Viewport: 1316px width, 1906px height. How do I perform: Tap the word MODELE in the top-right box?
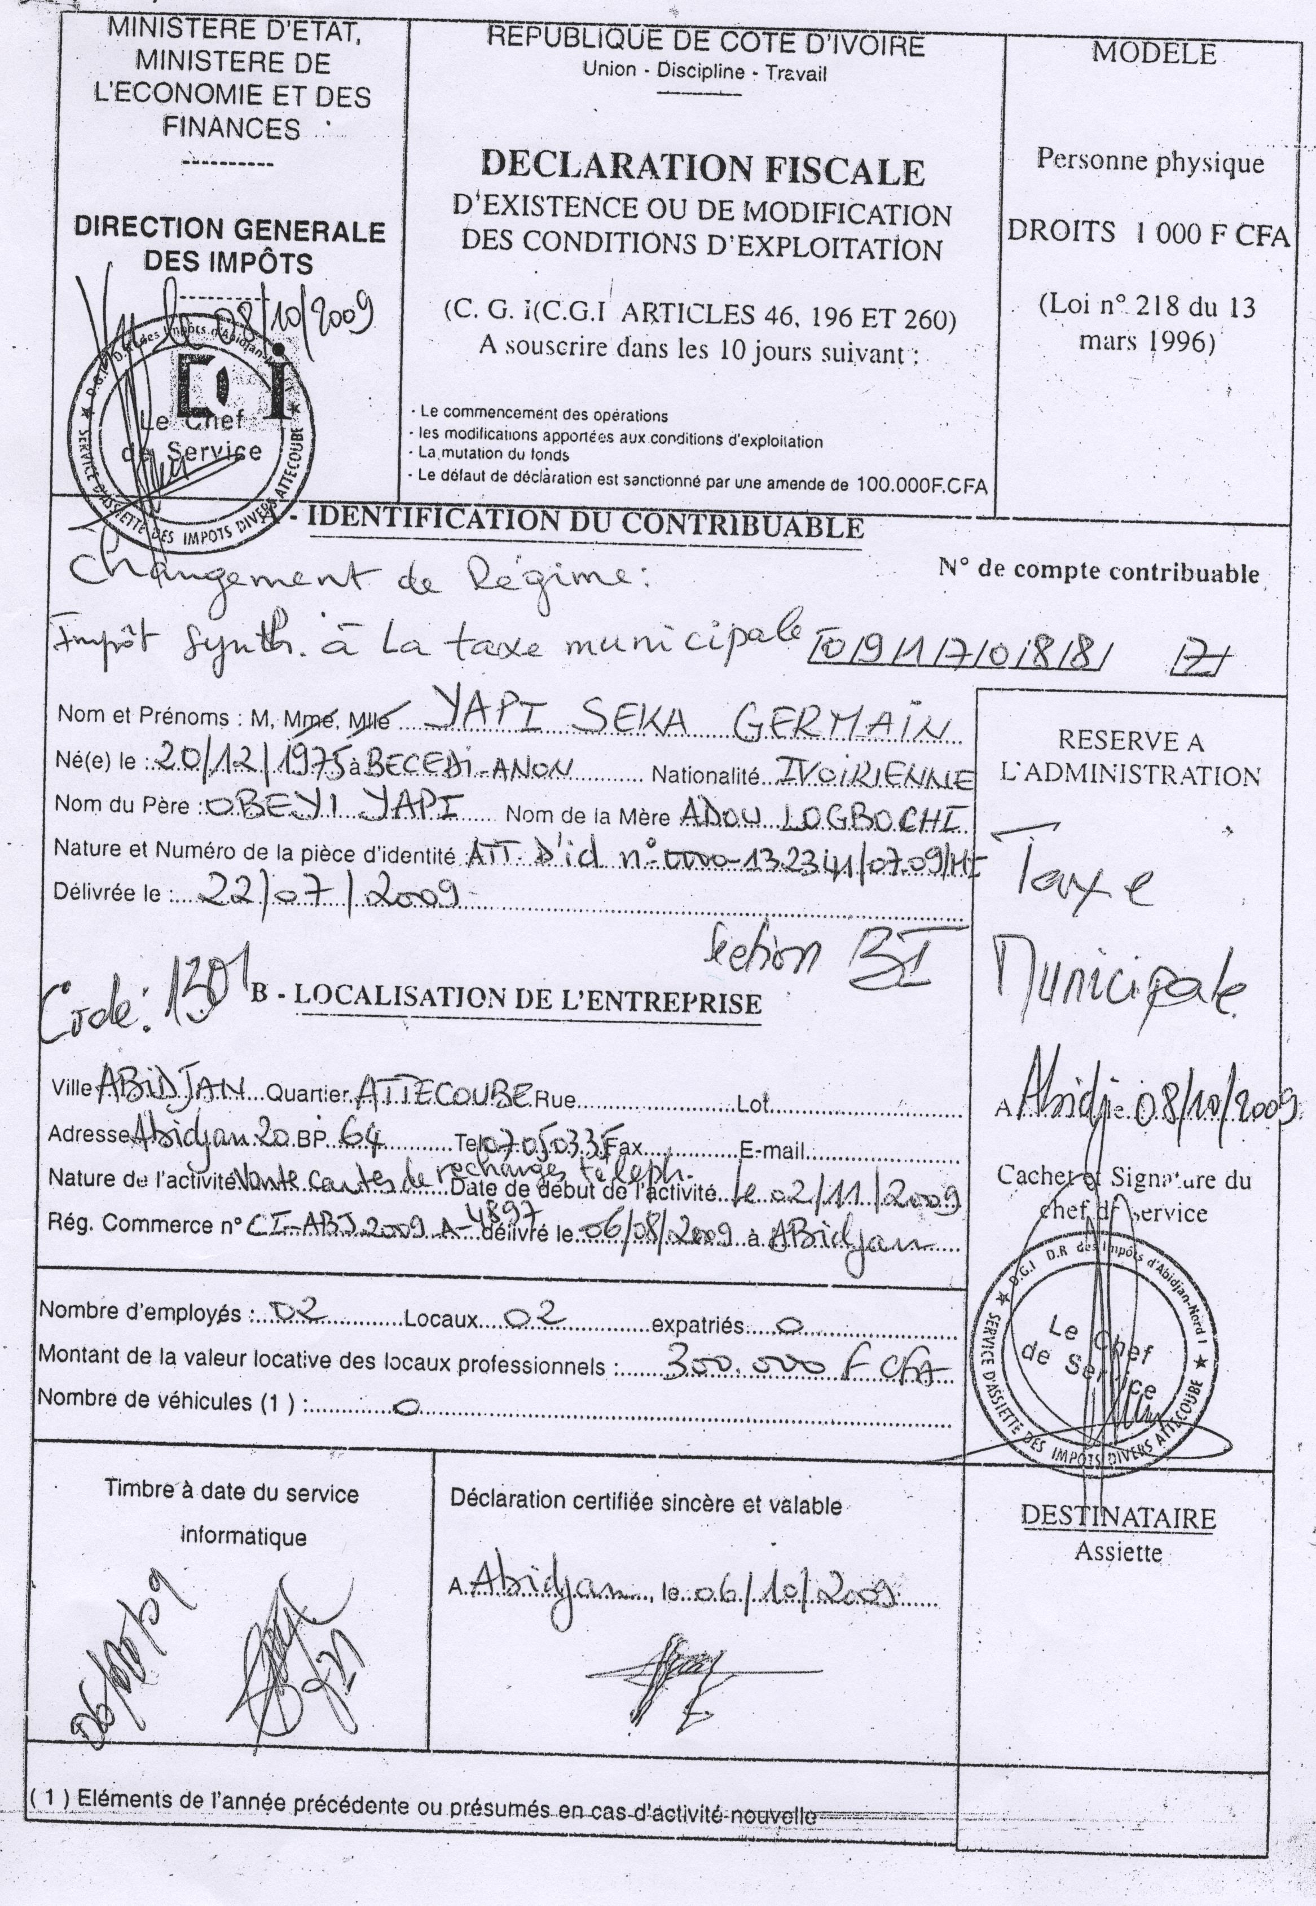click(x=1154, y=54)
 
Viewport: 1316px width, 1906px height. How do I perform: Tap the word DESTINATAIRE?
click(x=1118, y=1517)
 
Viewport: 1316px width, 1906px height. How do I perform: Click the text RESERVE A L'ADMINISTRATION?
click(x=1130, y=758)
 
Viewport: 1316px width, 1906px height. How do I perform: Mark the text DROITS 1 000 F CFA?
click(x=1146, y=234)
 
